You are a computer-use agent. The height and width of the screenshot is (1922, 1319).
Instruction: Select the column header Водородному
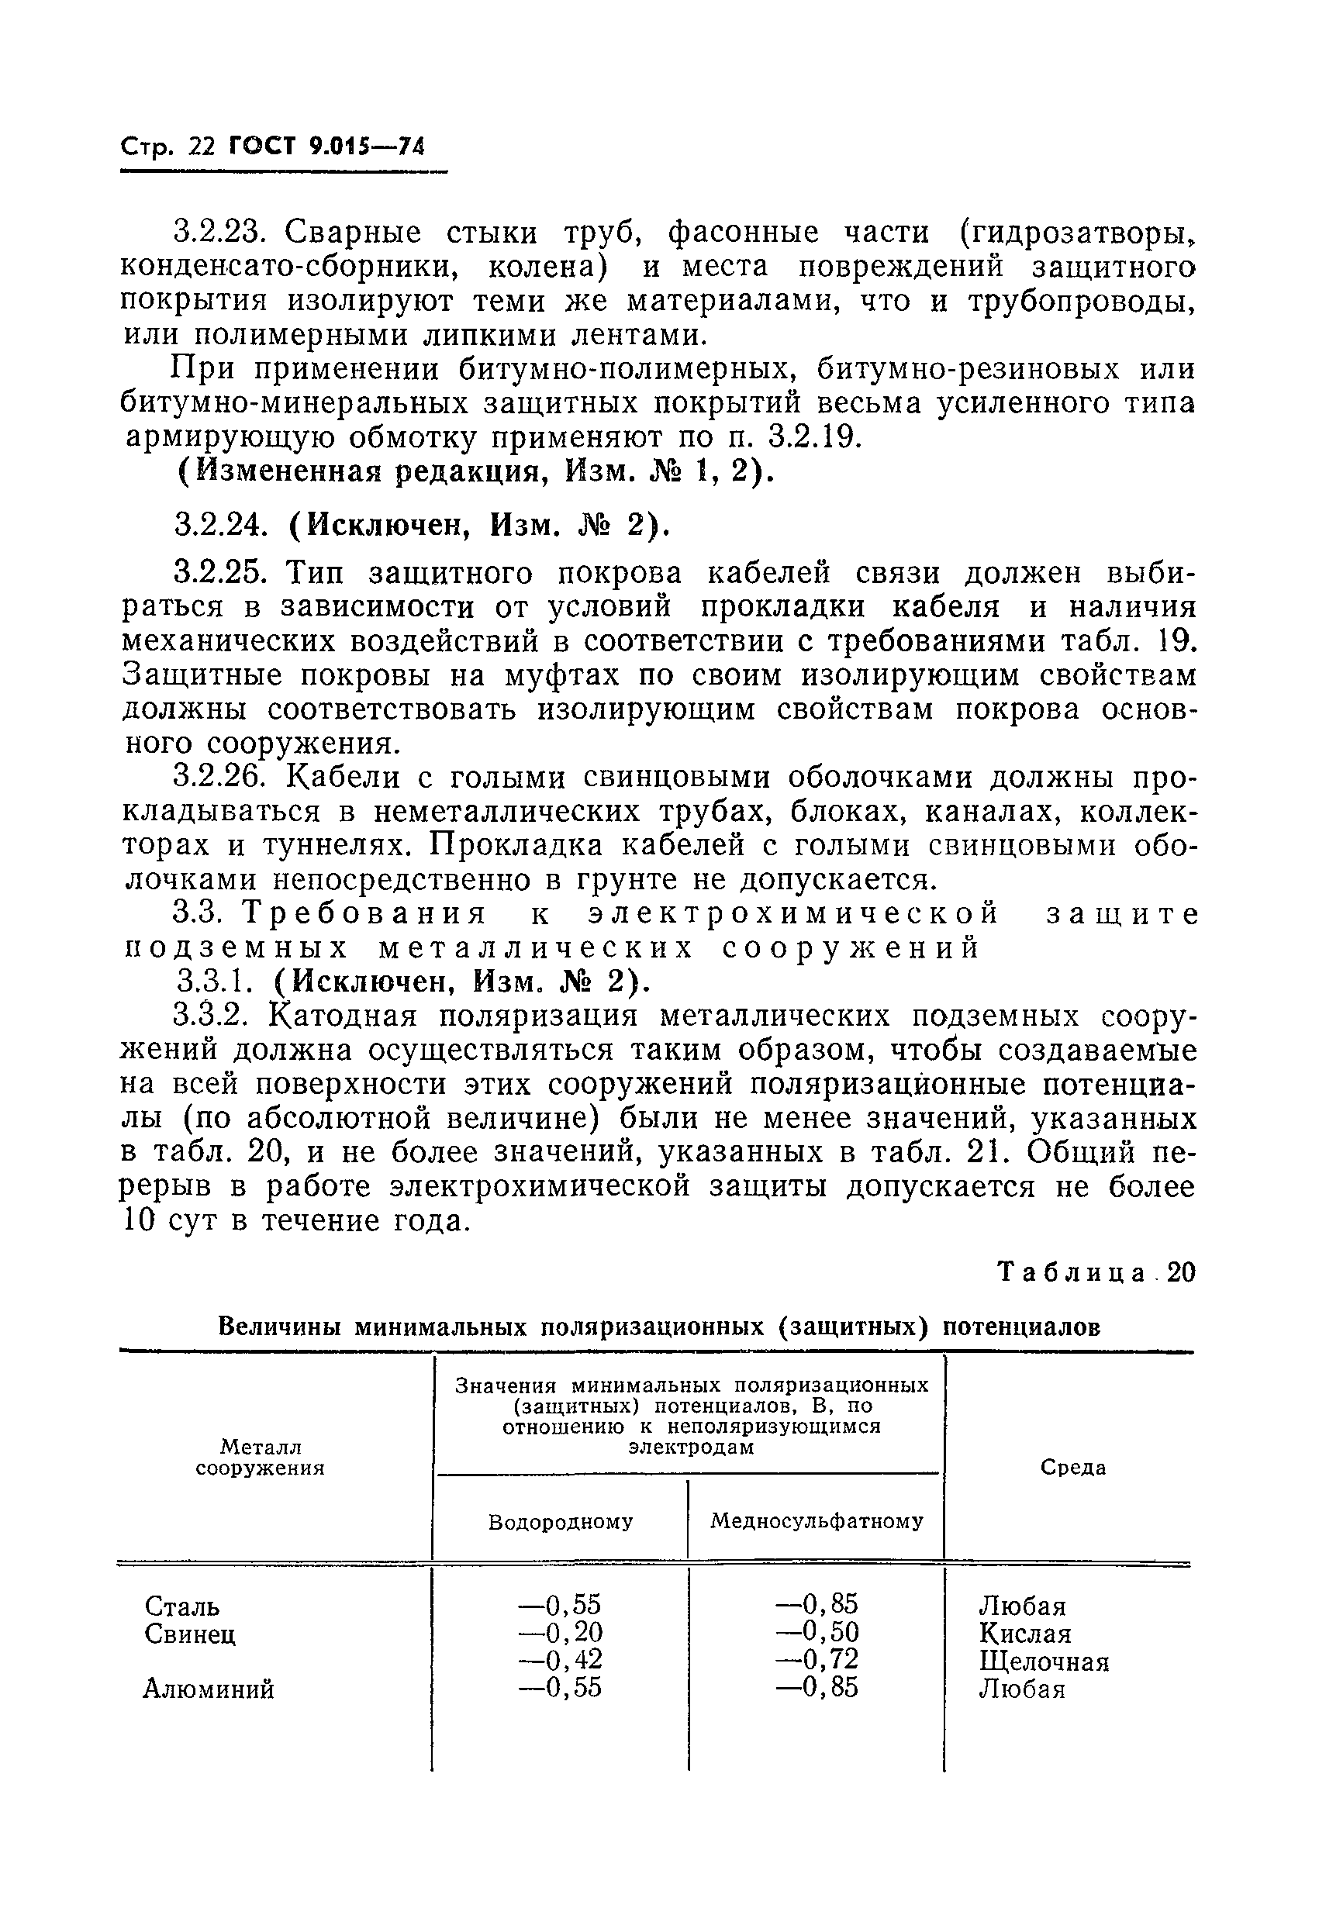(x=561, y=1522)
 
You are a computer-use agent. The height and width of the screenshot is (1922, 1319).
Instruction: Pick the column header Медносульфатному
(x=817, y=1522)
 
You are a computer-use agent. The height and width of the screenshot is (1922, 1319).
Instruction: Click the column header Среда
(x=1072, y=1468)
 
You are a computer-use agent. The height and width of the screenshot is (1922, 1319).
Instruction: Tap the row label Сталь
(x=182, y=1607)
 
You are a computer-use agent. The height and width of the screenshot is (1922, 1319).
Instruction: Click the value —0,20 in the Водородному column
(x=560, y=1633)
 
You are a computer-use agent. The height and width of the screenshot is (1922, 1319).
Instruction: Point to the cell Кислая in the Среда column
(x=1024, y=1634)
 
